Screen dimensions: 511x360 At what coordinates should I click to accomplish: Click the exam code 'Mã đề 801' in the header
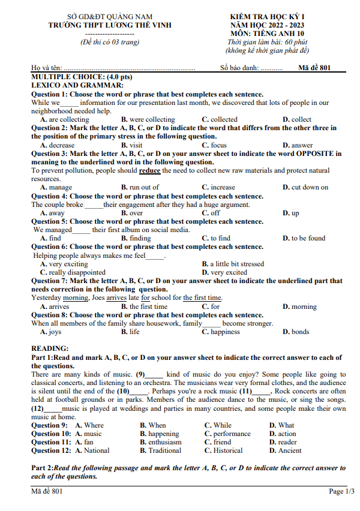point(314,68)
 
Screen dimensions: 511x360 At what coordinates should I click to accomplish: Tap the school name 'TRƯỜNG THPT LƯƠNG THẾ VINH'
point(110,25)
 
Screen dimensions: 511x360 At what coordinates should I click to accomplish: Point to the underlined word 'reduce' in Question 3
point(150,170)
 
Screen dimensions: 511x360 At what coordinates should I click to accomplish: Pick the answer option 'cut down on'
point(310,187)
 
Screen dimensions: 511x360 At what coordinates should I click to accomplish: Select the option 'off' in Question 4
point(215,213)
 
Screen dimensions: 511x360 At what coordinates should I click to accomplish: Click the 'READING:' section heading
point(50,348)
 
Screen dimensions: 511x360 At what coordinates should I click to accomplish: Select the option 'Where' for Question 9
point(94,425)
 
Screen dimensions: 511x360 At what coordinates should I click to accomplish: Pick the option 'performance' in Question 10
point(231,434)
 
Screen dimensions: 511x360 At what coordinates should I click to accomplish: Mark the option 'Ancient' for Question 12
point(289,450)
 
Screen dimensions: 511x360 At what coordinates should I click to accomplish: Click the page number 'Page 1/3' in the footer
point(341,491)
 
